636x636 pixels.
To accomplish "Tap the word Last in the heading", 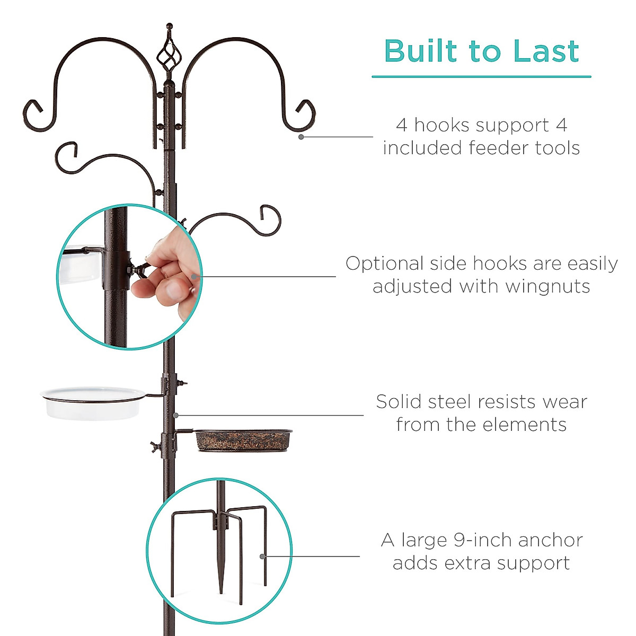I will (546, 51).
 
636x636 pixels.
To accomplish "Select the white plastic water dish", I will (93, 403).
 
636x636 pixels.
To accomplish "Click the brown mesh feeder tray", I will (243, 440).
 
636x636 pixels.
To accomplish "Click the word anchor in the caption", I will (543, 540).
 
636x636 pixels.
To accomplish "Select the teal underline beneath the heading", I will (481, 77).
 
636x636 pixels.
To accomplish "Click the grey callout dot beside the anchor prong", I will (262, 556).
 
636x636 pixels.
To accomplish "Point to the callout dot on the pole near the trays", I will (175, 415).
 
